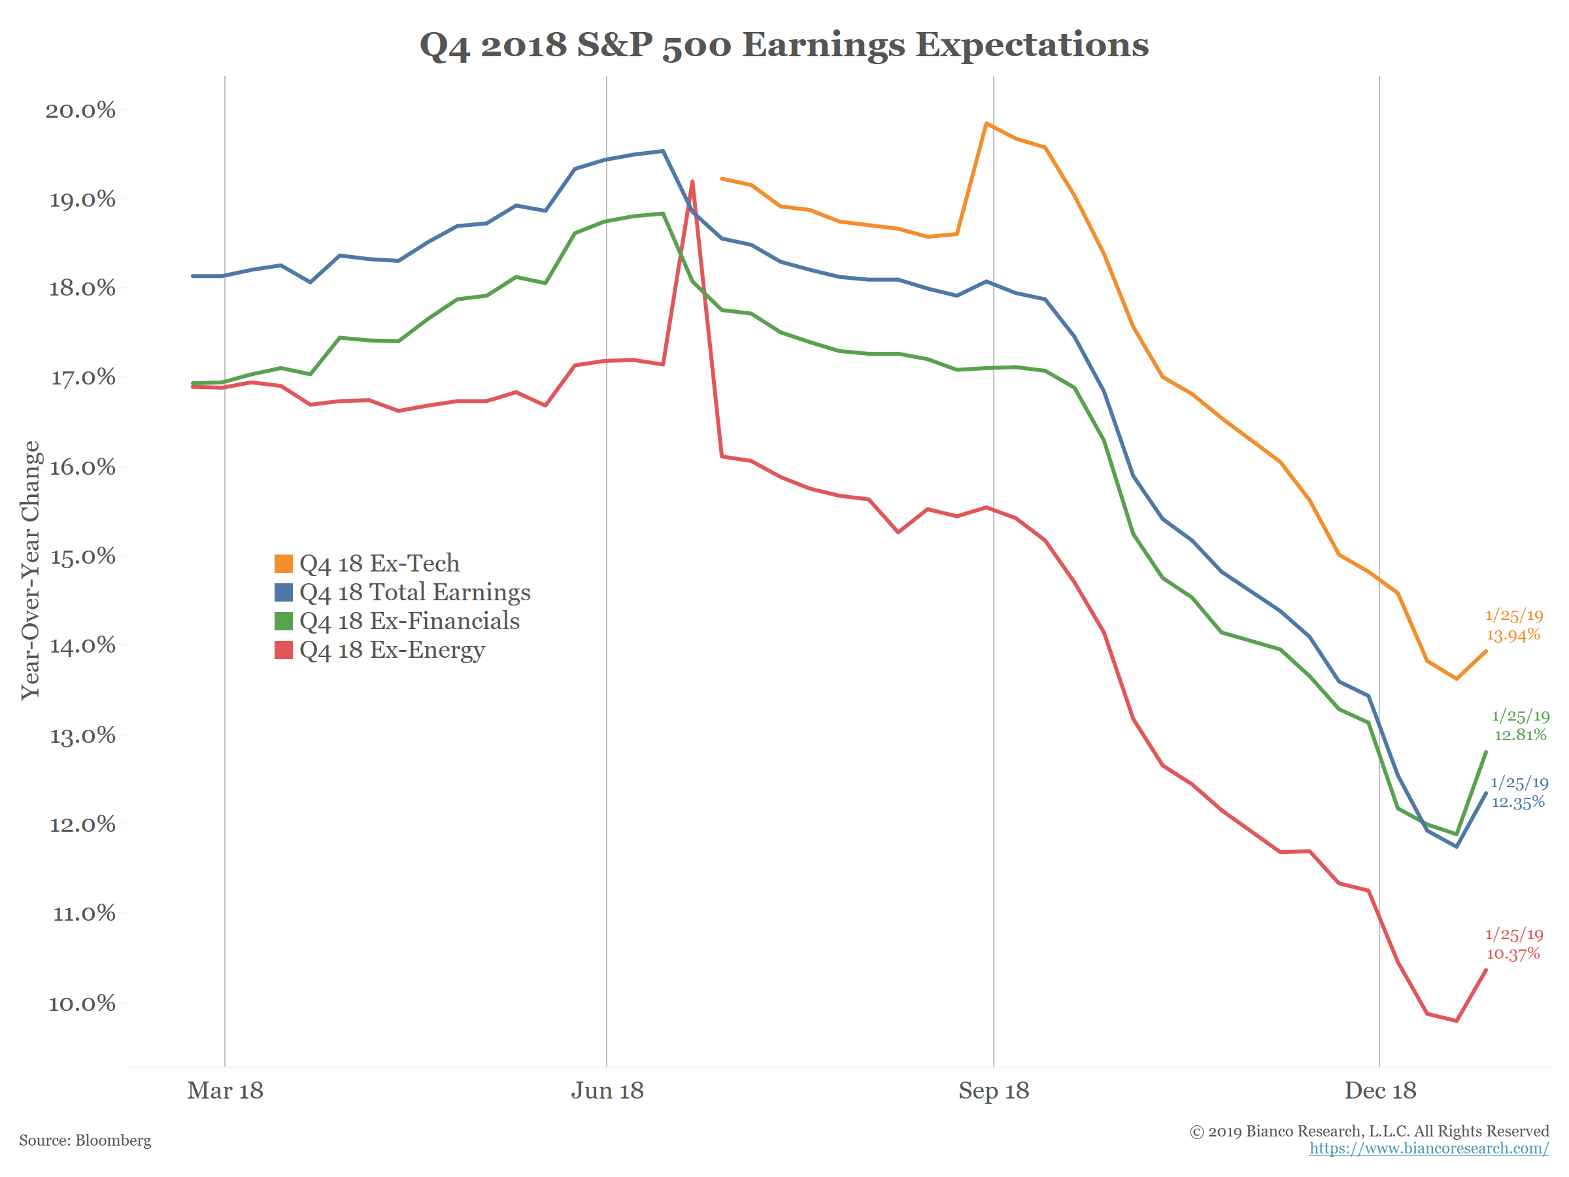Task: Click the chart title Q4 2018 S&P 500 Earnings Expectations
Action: coord(784,44)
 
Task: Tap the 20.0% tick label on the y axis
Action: coord(80,110)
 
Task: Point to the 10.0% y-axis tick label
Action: coord(81,1003)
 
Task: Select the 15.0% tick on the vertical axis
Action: coord(82,556)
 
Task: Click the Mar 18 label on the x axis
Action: coord(225,1091)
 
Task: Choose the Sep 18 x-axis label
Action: coord(993,1091)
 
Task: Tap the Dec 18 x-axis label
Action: coord(1379,1091)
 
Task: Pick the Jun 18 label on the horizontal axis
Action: coord(607,1091)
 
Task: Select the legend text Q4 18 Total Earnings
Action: coord(415,592)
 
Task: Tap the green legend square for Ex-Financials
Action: coord(284,621)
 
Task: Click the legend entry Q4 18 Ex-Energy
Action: coord(392,650)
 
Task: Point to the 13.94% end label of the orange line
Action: coord(1513,635)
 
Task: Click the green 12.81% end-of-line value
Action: coord(1520,735)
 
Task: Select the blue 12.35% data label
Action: coord(1518,802)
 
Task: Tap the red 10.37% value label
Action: coord(1513,954)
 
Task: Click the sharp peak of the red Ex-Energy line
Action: coord(692,182)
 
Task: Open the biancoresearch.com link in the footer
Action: coord(1428,1148)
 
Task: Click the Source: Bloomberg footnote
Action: coord(85,1140)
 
